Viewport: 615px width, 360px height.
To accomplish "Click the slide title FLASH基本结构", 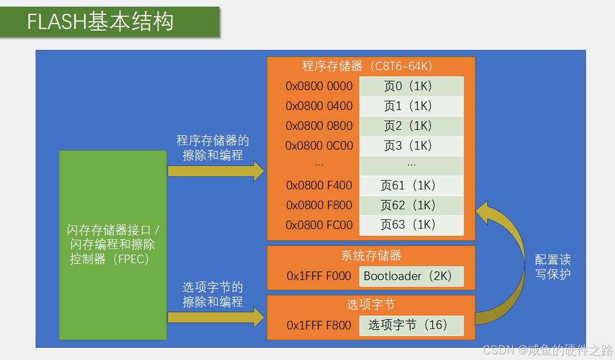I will tap(100, 22).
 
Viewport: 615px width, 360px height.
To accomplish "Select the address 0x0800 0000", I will tap(319, 86).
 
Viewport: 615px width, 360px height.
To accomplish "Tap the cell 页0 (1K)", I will tap(411, 86).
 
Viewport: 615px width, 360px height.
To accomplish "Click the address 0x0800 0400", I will tap(319, 106).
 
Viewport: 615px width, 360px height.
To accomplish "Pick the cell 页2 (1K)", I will tap(411, 126).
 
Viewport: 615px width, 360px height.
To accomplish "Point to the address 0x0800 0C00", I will tap(319, 146).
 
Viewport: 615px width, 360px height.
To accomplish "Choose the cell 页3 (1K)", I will tap(411, 146).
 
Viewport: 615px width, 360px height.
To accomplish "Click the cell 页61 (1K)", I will tap(411, 185).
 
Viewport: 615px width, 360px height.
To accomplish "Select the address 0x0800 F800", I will tap(319, 205).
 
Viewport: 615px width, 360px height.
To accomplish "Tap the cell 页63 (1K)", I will tap(411, 225).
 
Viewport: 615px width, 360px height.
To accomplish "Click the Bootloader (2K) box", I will tap(411, 276).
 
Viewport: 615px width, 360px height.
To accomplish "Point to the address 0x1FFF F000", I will tap(319, 276).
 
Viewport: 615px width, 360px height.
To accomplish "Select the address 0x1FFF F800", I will tap(319, 325).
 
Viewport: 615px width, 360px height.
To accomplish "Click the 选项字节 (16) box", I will tap(411, 325).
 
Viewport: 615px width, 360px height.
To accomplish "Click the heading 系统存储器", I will tap(371, 255).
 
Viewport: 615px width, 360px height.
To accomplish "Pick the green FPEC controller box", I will tap(113, 245).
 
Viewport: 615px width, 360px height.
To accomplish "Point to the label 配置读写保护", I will tap(553, 267).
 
